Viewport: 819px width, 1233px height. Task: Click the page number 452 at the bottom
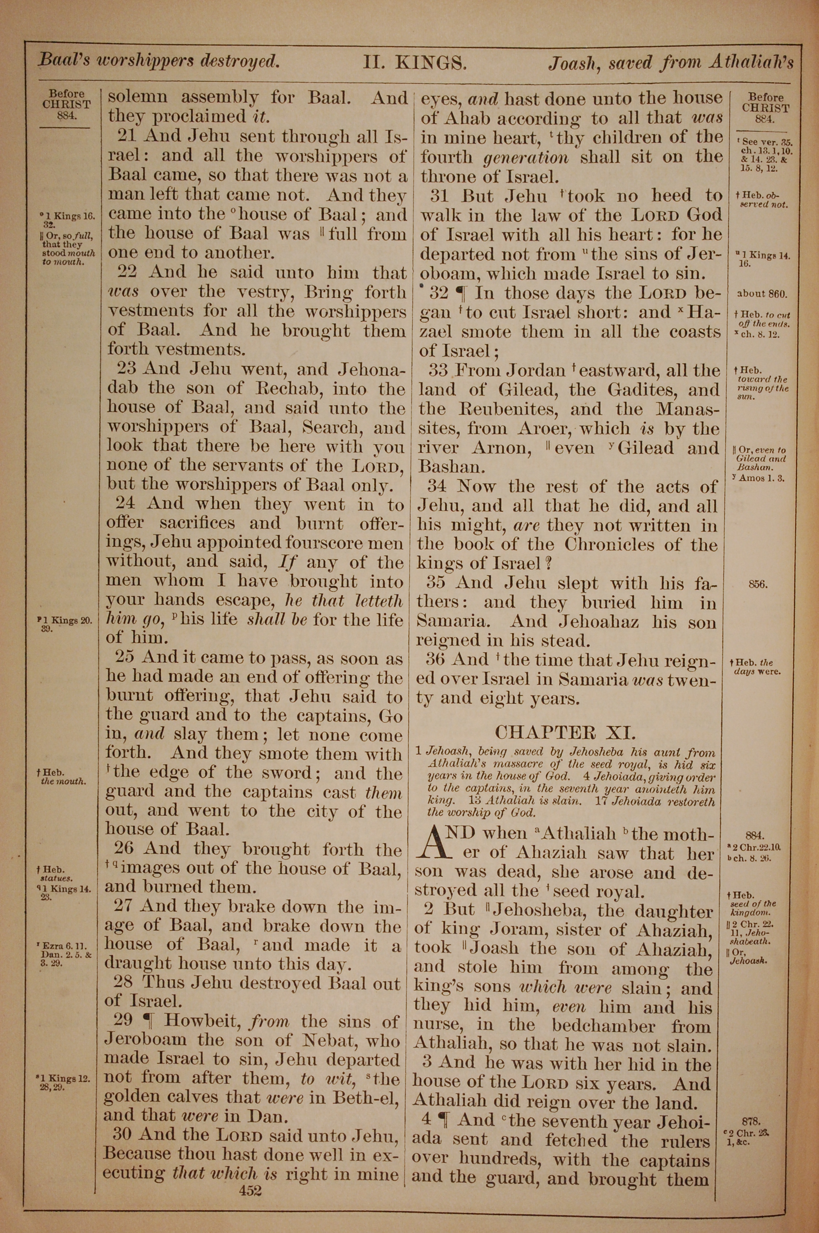(x=250, y=1176)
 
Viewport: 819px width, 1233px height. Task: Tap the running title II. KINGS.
(x=415, y=63)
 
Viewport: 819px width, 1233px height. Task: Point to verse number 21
(x=127, y=136)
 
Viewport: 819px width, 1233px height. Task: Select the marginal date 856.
(x=758, y=585)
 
